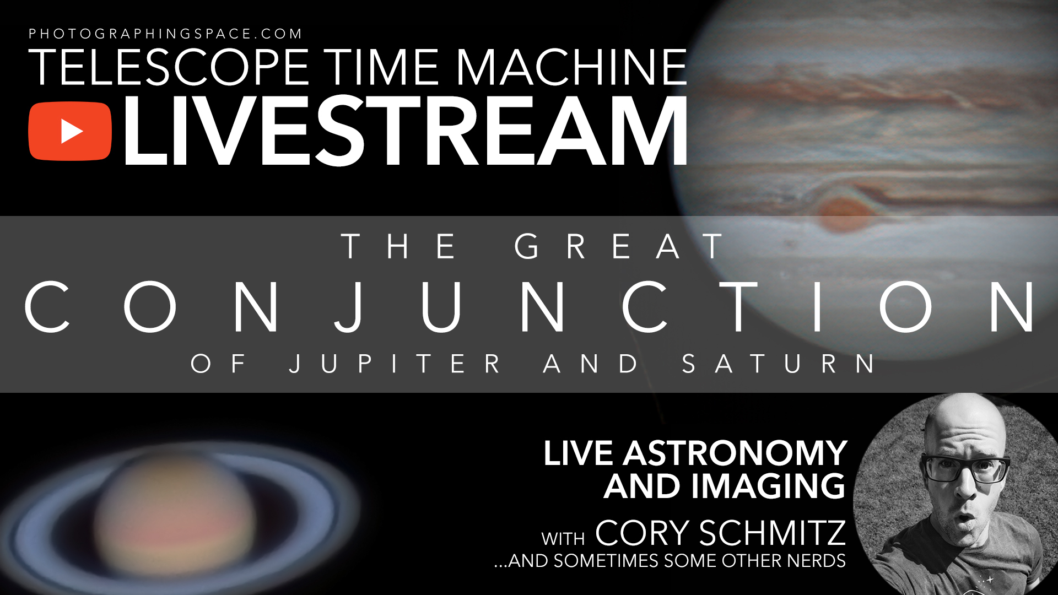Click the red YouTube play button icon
click(70, 131)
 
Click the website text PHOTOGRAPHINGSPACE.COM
click(165, 34)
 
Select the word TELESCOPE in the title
click(169, 67)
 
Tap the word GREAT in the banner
click(619, 246)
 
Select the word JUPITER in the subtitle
click(395, 364)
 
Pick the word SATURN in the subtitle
click(779, 364)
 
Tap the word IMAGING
click(768, 486)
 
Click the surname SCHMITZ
click(773, 533)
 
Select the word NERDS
click(816, 561)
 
